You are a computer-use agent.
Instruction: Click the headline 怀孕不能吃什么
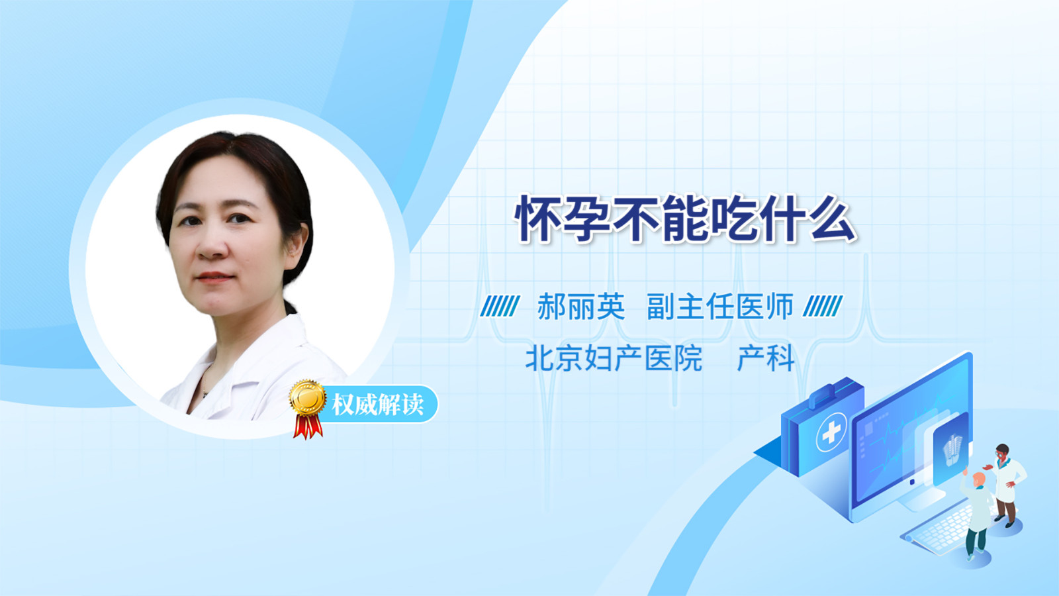686,219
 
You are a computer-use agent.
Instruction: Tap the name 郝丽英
581,307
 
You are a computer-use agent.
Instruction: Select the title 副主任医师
720,307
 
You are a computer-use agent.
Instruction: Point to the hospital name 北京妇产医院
614,358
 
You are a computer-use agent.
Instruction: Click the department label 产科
766,358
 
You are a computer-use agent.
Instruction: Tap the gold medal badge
308,398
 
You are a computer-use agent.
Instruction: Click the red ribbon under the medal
308,426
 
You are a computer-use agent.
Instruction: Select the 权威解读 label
377,405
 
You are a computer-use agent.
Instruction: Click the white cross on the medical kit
831,432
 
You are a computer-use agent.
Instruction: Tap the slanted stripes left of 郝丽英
500,306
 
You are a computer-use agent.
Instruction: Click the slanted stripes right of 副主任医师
823,306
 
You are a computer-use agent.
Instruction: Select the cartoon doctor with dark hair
1005,485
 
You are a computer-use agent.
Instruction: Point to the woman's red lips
214,277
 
